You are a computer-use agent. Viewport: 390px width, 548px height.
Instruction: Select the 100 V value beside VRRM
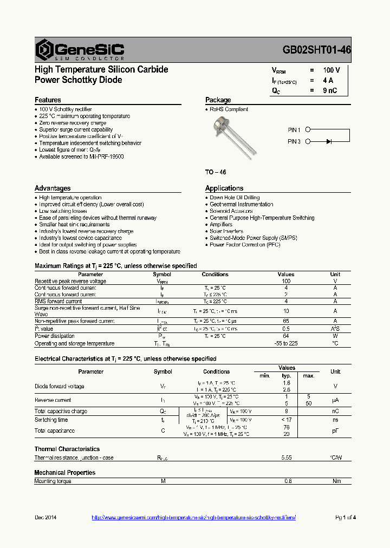[331, 70]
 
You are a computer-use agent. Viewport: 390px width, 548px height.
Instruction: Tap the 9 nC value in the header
[330, 90]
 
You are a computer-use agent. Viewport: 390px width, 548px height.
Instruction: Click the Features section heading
[48, 100]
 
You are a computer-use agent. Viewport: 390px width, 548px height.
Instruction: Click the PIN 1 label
[294, 130]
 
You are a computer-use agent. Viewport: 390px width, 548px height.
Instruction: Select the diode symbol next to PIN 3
[329, 142]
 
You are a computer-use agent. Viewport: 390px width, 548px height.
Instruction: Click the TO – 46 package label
[215, 172]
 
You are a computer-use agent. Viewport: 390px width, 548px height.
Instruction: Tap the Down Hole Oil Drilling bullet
[234, 198]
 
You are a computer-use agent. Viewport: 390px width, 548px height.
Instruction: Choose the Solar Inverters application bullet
[226, 231]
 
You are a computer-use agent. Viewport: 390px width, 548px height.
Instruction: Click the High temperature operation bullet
[70, 198]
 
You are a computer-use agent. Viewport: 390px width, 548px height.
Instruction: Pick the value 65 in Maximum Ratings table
[286, 321]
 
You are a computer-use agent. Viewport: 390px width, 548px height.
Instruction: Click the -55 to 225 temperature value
[286, 343]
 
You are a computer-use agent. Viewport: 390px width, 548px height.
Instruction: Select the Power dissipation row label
[55, 336]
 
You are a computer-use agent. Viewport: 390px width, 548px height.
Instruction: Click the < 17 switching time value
[287, 420]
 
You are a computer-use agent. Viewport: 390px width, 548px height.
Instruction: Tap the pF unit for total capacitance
[335, 430]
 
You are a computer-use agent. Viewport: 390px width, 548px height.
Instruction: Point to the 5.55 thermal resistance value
[287, 458]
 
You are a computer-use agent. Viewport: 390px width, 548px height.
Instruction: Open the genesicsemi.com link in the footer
[193, 518]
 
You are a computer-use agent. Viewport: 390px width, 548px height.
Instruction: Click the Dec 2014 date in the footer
[45, 518]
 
